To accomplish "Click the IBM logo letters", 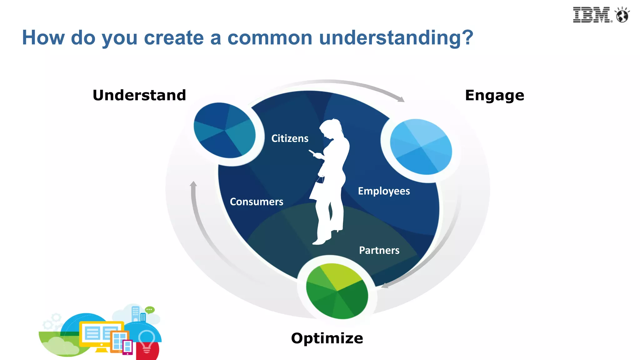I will pyautogui.click(x=591, y=15).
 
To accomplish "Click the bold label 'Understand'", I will pyautogui.click(x=139, y=95).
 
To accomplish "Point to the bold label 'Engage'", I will pyautogui.click(x=494, y=95).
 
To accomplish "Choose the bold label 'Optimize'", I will pyautogui.click(x=327, y=338).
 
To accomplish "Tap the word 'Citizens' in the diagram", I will pyautogui.click(x=290, y=138).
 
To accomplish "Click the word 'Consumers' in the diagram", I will pyautogui.click(x=257, y=202).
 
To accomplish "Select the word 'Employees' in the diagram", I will pyautogui.click(x=384, y=191).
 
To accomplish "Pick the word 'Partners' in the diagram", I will pyautogui.click(x=379, y=250).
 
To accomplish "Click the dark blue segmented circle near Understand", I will pyautogui.click(x=225, y=130).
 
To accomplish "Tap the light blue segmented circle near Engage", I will pyautogui.click(x=421, y=147).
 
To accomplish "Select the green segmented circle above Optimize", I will pyautogui.click(x=337, y=291).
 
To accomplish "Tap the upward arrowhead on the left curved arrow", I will pyautogui.click(x=193, y=184).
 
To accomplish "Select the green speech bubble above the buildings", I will pyautogui.click(x=150, y=310).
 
